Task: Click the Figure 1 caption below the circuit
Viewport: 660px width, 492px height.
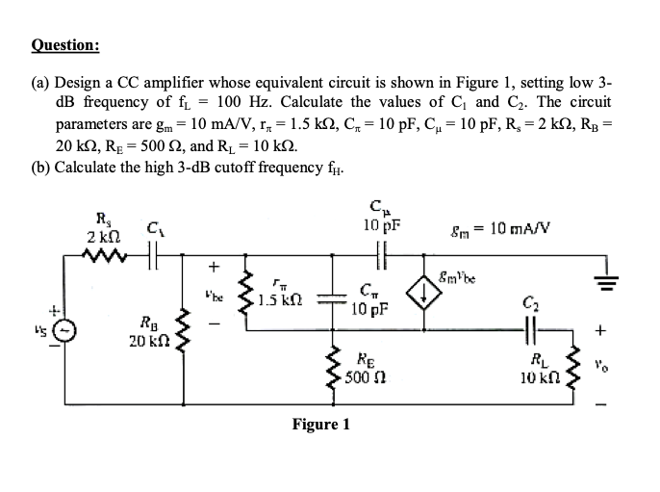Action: point(321,424)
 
